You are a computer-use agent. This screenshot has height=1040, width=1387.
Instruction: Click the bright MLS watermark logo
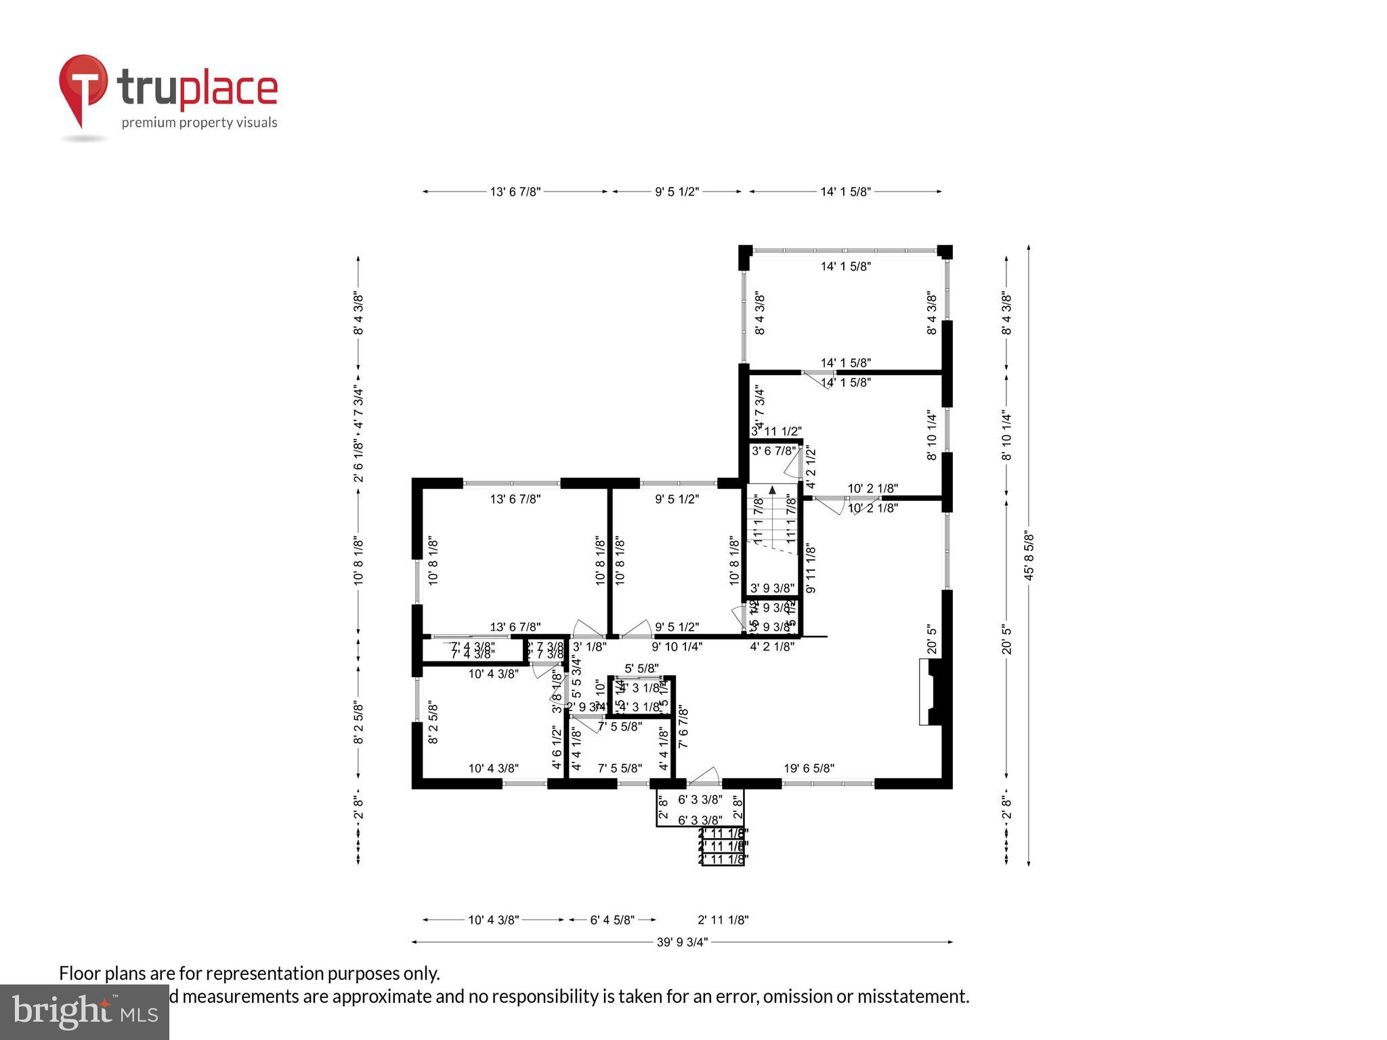[x=84, y=1012]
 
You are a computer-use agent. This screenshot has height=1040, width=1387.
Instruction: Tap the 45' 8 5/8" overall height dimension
[x=1029, y=555]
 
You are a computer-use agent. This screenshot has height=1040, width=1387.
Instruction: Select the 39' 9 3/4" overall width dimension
[x=682, y=942]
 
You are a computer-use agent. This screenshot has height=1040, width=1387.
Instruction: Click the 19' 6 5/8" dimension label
[x=809, y=768]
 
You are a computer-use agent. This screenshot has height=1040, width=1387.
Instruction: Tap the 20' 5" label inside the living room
[x=932, y=639]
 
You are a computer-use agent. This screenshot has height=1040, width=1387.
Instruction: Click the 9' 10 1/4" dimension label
[x=677, y=647]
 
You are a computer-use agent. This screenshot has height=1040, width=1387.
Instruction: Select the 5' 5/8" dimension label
[x=641, y=668]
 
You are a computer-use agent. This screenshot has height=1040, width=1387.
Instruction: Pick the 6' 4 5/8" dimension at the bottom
[x=612, y=920]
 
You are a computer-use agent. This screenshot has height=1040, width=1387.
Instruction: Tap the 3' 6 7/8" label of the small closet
[x=773, y=451]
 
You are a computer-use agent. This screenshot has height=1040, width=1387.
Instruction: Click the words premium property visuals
[x=199, y=123]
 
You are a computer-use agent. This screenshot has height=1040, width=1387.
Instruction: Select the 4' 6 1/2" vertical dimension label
[x=557, y=747]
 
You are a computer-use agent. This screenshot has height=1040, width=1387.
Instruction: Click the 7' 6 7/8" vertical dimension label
[x=683, y=727]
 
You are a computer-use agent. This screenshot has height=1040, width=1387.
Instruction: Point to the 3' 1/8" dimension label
[x=589, y=647]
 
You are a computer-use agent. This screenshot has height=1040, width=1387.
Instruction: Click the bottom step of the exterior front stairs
[x=723, y=859]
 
